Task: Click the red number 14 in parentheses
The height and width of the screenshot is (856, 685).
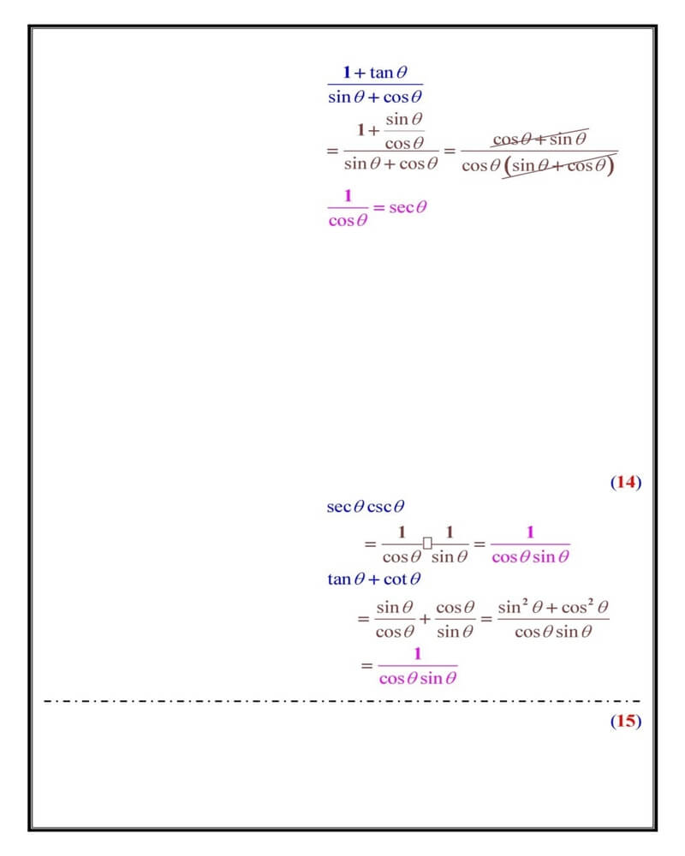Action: click(626, 483)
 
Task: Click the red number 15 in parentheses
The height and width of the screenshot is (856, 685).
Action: click(626, 721)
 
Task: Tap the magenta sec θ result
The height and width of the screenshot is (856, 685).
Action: click(408, 207)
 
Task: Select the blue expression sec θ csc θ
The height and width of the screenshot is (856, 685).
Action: click(366, 507)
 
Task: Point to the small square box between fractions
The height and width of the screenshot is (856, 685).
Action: click(427, 543)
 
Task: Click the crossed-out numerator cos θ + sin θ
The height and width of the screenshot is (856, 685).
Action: click(539, 139)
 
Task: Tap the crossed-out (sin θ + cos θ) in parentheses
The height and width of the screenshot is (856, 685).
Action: click(559, 166)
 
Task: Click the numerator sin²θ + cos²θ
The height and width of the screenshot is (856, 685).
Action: click(553, 608)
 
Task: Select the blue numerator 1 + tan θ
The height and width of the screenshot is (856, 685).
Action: click(376, 72)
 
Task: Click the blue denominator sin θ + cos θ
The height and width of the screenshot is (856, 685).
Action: click(376, 97)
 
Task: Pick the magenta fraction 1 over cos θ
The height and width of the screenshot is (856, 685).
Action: click(348, 208)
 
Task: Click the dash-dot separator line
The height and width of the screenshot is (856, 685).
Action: click(342, 701)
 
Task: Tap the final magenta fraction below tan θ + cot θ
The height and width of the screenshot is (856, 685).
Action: click(418, 666)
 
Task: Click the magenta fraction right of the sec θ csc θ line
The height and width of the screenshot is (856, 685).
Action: click(530, 544)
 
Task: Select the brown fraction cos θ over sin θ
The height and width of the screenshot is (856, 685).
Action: click(455, 620)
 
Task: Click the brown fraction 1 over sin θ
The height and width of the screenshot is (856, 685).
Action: click(450, 544)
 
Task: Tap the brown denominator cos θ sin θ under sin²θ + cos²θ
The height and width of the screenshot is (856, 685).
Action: click(553, 633)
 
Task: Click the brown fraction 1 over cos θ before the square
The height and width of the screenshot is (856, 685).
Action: click(402, 544)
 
